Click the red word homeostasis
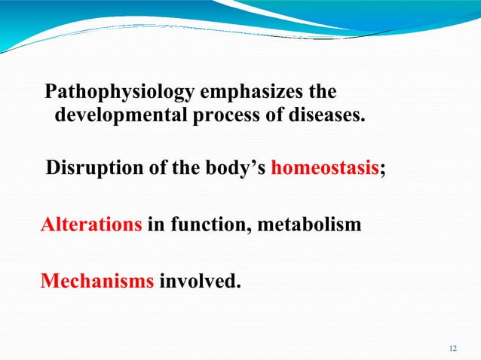tap(324, 167)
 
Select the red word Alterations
tap(90, 224)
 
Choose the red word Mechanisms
tap(97, 282)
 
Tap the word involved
tap(201, 282)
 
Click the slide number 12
tap(452, 348)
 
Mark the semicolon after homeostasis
tap(381, 169)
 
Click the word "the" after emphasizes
tap(319, 93)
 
